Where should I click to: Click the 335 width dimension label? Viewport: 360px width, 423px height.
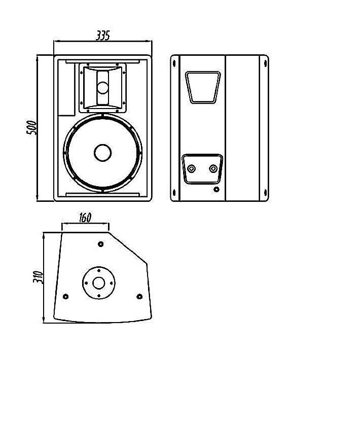tap(103, 36)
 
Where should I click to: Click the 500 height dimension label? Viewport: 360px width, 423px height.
tap(31, 128)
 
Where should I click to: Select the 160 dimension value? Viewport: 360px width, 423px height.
tap(85, 218)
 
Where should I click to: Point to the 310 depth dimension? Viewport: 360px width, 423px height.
tap(38, 277)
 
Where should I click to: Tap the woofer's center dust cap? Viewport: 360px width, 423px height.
tap(103, 153)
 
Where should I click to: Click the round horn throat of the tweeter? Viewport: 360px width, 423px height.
tap(103, 88)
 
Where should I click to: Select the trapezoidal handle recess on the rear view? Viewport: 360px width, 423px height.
tap(203, 87)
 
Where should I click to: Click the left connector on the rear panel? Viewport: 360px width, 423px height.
tap(192, 169)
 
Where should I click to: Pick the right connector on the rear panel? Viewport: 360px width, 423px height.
tap(213, 169)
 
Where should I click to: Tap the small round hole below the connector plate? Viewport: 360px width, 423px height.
tap(217, 189)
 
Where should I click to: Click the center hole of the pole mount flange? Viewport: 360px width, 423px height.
tap(99, 283)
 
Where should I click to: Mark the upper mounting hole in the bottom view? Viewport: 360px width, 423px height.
tap(100, 244)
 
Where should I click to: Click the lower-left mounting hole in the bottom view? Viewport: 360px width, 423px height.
tap(65, 297)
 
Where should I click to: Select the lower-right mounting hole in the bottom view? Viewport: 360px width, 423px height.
tap(139, 297)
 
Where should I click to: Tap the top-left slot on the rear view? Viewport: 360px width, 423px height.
tap(174, 63)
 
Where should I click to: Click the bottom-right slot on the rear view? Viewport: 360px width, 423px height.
tap(265, 193)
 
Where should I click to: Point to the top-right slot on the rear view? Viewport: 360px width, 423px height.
tap(265, 63)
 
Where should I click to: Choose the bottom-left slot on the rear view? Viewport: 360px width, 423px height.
tap(174, 193)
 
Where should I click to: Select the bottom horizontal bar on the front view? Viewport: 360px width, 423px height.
tap(103, 194)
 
